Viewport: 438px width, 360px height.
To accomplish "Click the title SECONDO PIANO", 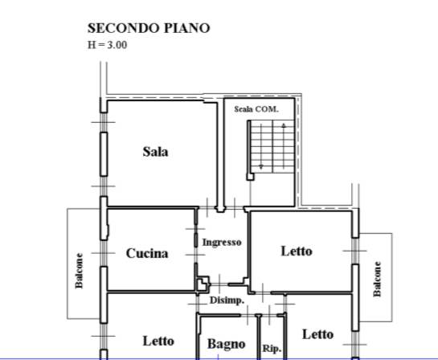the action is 149,28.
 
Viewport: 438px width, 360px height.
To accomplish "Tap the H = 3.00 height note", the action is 107,45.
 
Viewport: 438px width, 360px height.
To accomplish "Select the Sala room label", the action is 156,152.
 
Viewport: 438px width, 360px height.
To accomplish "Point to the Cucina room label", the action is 147,253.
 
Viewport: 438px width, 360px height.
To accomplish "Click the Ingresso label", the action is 222,243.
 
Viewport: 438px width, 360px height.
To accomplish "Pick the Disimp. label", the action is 227,301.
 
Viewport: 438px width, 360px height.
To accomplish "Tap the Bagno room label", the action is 227,344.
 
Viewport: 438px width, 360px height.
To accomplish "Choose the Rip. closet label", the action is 272,349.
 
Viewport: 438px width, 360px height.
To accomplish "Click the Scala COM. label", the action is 256,109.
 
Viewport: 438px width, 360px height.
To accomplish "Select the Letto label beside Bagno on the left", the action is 158,341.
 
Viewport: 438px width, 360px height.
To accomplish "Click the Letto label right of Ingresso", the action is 297,251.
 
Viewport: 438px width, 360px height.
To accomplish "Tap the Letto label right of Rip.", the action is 318,334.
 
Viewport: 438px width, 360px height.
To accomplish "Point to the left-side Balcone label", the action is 79,271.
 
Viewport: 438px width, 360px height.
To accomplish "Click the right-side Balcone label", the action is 377,279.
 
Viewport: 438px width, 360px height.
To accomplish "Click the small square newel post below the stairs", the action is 250,177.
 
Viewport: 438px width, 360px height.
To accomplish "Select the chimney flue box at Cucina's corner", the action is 203,284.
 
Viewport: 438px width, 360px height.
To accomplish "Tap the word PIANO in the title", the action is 187,28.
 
